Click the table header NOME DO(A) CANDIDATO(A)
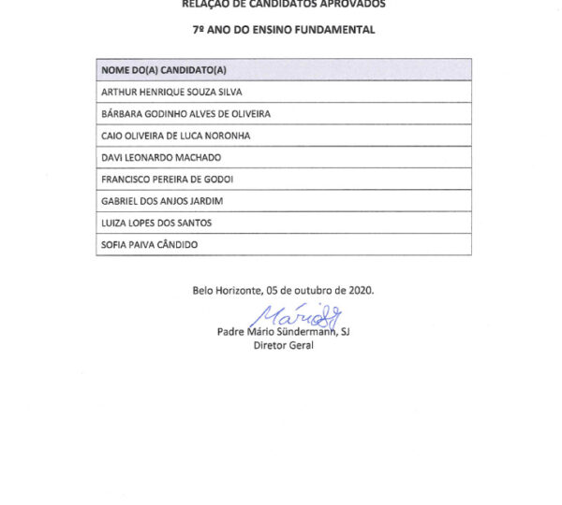point(164,70)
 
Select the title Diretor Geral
point(283,345)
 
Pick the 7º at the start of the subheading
point(200,30)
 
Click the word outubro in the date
point(312,290)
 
